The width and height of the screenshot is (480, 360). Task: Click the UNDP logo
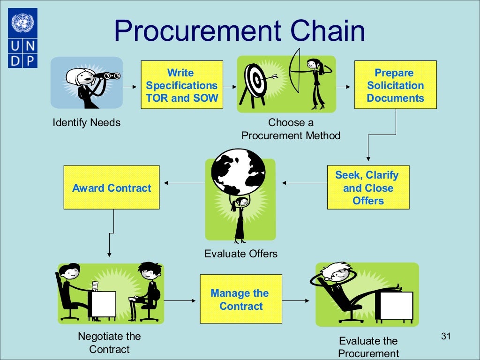coord(22,37)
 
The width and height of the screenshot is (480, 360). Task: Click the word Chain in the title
coord(328,31)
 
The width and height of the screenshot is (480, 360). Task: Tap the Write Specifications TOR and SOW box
coord(181,85)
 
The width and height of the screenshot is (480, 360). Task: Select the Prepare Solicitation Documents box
coord(395,85)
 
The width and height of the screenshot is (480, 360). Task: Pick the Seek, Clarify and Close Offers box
coord(368,188)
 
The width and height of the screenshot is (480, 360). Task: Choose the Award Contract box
coord(112,188)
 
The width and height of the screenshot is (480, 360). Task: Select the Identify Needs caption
coord(86,123)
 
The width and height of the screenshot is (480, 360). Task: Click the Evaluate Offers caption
coord(241,254)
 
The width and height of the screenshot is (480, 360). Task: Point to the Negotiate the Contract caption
coord(109,343)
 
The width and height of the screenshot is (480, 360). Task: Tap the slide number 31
coord(446,336)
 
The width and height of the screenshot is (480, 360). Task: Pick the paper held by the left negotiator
coord(96,285)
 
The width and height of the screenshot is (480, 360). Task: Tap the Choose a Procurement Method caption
coord(291,129)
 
